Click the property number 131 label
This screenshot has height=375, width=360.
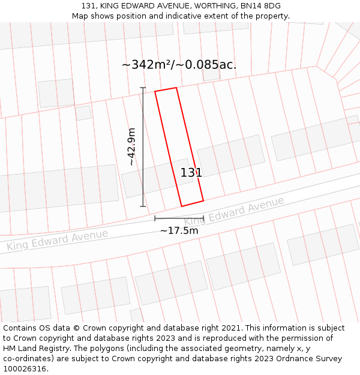click(x=191, y=173)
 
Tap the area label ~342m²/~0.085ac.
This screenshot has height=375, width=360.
click(x=179, y=65)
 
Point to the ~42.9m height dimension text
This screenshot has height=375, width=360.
click(x=131, y=146)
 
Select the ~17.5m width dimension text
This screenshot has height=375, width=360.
click(x=179, y=230)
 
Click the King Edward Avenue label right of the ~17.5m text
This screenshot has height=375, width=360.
click(x=234, y=211)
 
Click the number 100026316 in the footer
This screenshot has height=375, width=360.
click(x=25, y=368)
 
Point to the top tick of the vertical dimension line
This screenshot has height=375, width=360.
click(x=143, y=88)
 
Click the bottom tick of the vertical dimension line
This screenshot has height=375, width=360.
click(x=143, y=206)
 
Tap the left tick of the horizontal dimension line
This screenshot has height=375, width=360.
click(x=155, y=218)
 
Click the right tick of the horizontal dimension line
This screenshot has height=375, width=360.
click(x=203, y=218)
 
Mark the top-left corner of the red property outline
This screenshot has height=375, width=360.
click(x=155, y=91)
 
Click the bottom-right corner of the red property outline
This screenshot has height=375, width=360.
click(x=203, y=200)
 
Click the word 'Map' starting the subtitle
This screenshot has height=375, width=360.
click(x=80, y=16)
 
